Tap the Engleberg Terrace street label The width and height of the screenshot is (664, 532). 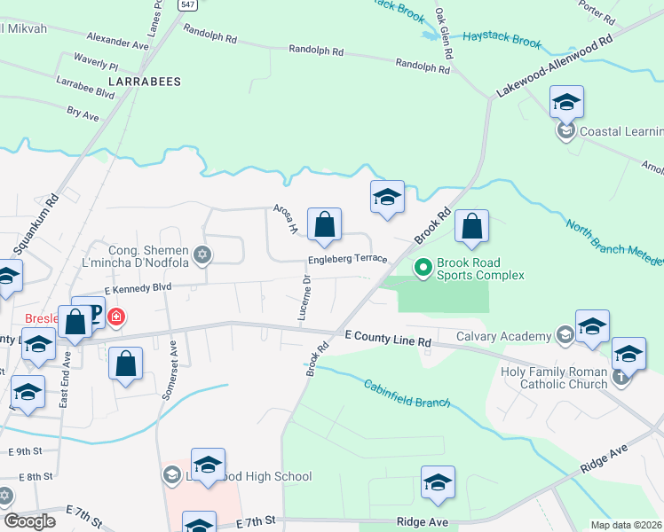(x=348, y=260)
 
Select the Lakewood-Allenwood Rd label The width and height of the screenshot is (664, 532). (x=556, y=67)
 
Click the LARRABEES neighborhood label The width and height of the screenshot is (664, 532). (x=144, y=81)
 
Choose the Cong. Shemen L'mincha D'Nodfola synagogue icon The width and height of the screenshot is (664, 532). (x=202, y=255)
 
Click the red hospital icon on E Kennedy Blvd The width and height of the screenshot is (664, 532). (x=115, y=317)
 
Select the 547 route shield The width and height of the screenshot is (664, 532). (x=186, y=4)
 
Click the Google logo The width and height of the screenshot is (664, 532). (x=29, y=521)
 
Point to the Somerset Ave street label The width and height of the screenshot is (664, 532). (x=169, y=372)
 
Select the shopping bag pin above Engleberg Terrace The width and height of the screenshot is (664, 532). (x=325, y=226)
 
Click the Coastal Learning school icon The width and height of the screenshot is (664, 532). (x=565, y=132)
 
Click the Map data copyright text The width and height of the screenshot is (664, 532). (x=627, y=525)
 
